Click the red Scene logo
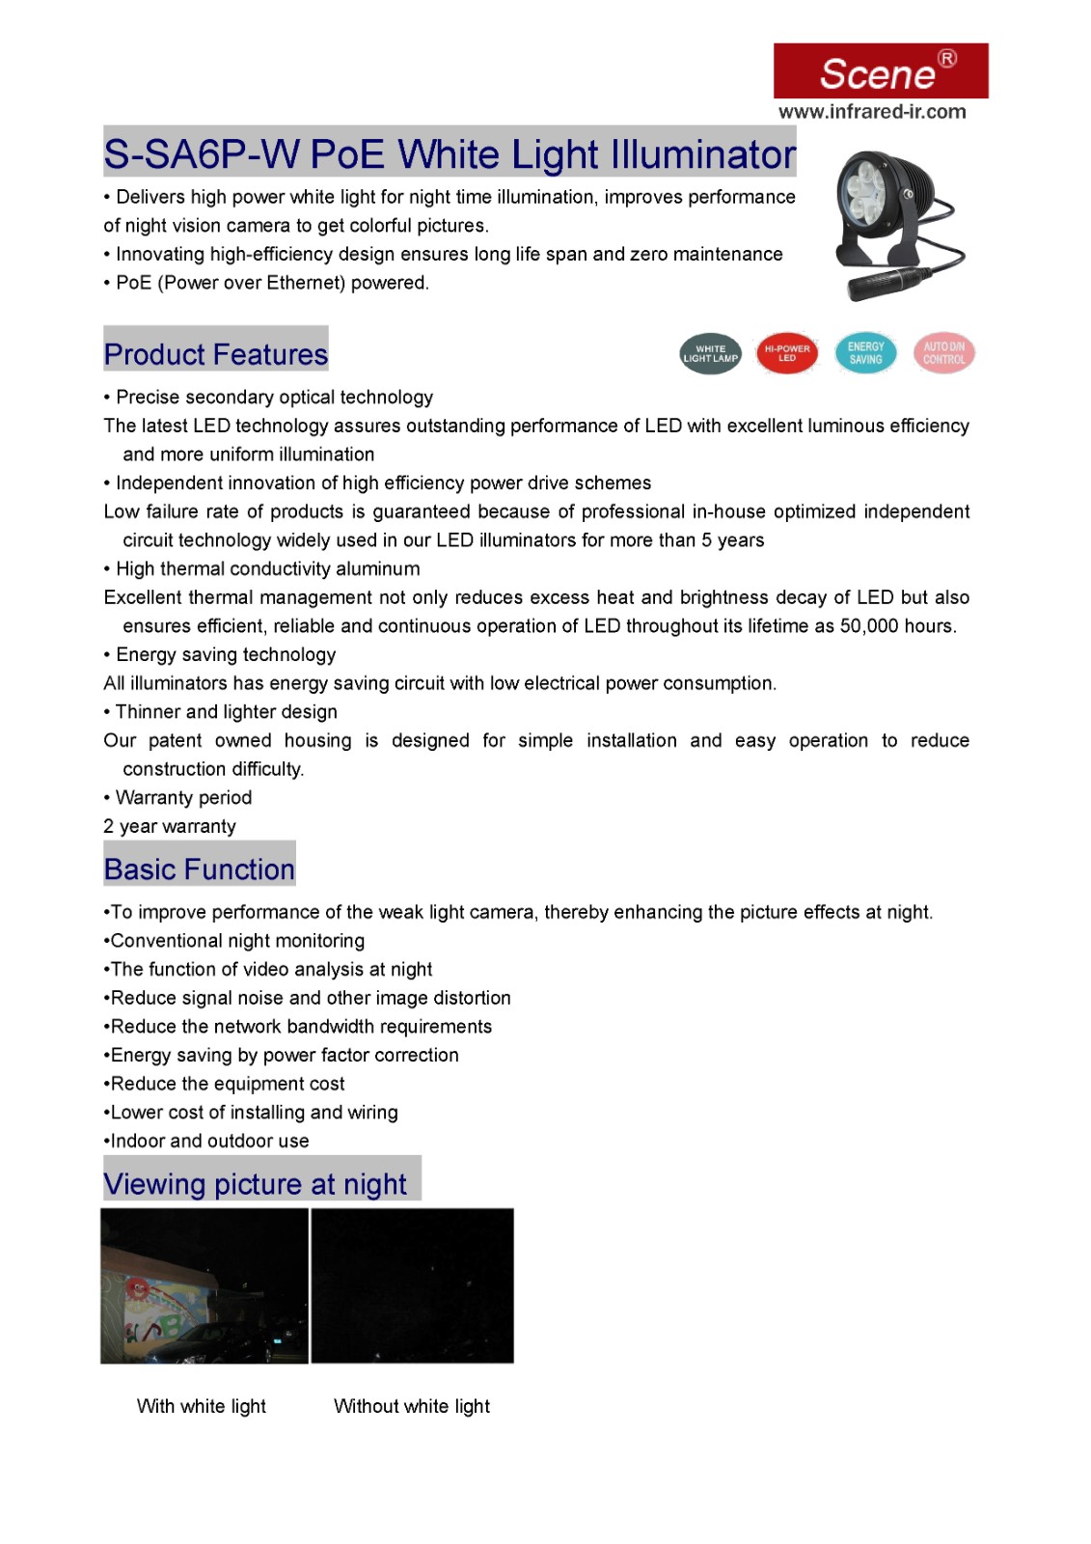pyautogui.click(x=880, y=70)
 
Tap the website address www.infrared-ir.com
pyautogui.click(x=872, y=112)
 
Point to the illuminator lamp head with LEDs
pyautogui.click(x=867, y=188)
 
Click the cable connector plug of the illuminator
pyautogui.click(x=879, y=282)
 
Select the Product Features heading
pyautogui.click(x=216, y=354)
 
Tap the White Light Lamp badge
pyautogui.click(x=710, y=354)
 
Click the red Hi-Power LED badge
pyautogui.click(x=787, y=353)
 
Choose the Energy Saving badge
pyautogui.click(x=865, y=353)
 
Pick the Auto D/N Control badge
pyautogui.click(x=943, y=353)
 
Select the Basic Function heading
pyautogui.click(x=200, y=869)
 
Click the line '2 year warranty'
pyautogui.click(x=170, y=827)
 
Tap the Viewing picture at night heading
pyautogui.click(x=256, y=1184)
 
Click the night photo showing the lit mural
pyautogui.click(x=205, y=1286)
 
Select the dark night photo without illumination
pyautogui.click(x=412, y=1286)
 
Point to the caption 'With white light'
pyautogui.click(x=202, y=1406)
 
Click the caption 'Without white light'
pyautogui.click(x=412, y=1406)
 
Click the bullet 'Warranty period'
pyautogui.click(x=183, y=798)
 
